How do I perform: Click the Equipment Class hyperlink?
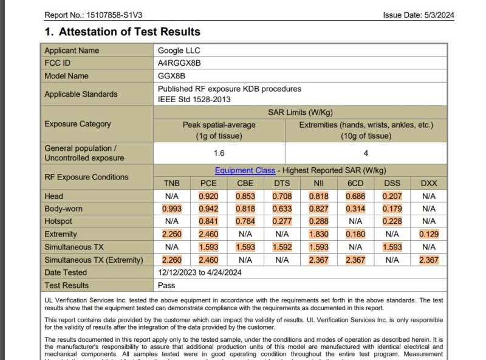point(245,170)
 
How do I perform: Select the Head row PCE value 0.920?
point(208,196)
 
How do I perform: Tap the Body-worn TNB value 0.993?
point(172,209)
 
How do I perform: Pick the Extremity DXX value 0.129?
point(428,235)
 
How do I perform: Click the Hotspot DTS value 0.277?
point(282,222)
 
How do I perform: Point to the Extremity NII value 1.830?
point(318,235)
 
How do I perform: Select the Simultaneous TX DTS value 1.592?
point(282,247)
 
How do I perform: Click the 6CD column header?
point(355,184)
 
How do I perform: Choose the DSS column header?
point(392,184)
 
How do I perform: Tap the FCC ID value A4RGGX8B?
point(179,63)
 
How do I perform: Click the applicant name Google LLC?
point(179,50)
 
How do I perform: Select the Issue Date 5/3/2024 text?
point(419,15)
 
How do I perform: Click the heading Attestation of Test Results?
point(123,32)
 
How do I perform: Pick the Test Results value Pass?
point(166,286)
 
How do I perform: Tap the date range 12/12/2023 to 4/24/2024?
point(200,273)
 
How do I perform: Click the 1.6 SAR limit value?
point(219,153)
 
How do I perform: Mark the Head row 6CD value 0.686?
point(355,196)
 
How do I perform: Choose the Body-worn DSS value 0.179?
point(392,209)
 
